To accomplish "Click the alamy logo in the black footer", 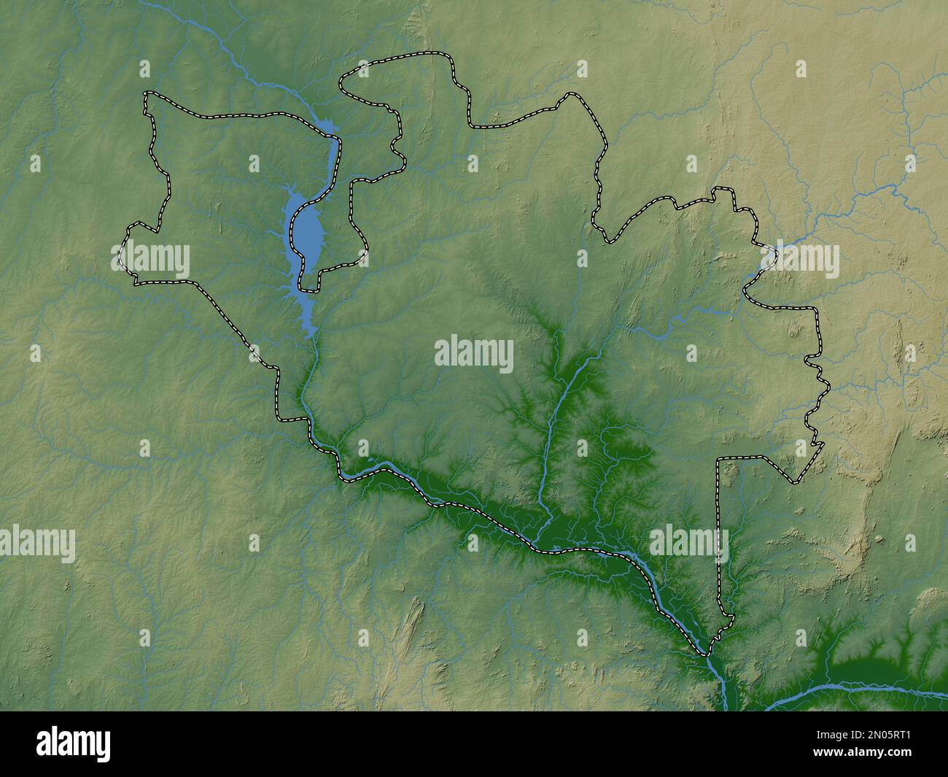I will click(x=74, y=743).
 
